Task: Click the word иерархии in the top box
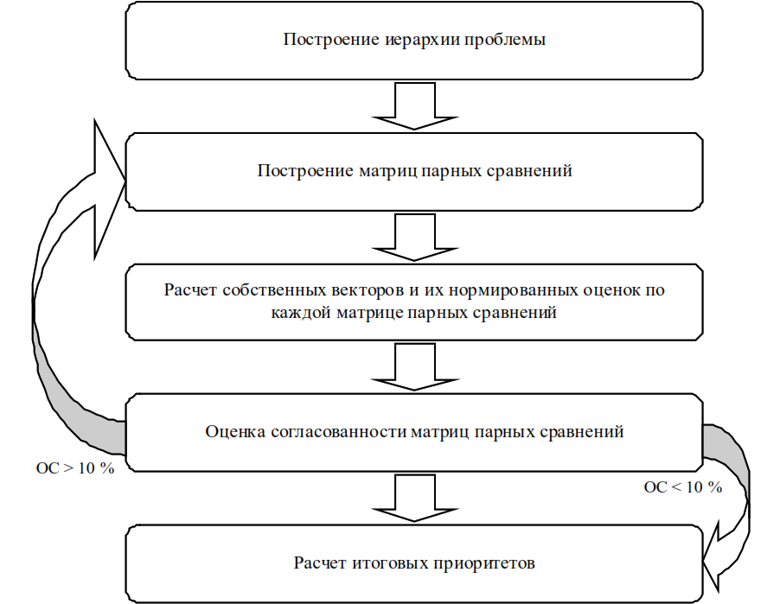422,40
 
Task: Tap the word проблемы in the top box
505,40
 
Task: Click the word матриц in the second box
388,170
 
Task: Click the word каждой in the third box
301,312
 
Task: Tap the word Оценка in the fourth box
235,431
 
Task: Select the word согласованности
338,431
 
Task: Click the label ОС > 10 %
75,468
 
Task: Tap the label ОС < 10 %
683,487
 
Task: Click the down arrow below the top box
415,106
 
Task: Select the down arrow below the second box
415,237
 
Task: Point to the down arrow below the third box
415,367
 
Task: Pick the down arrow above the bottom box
415,499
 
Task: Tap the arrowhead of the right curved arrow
712,557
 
